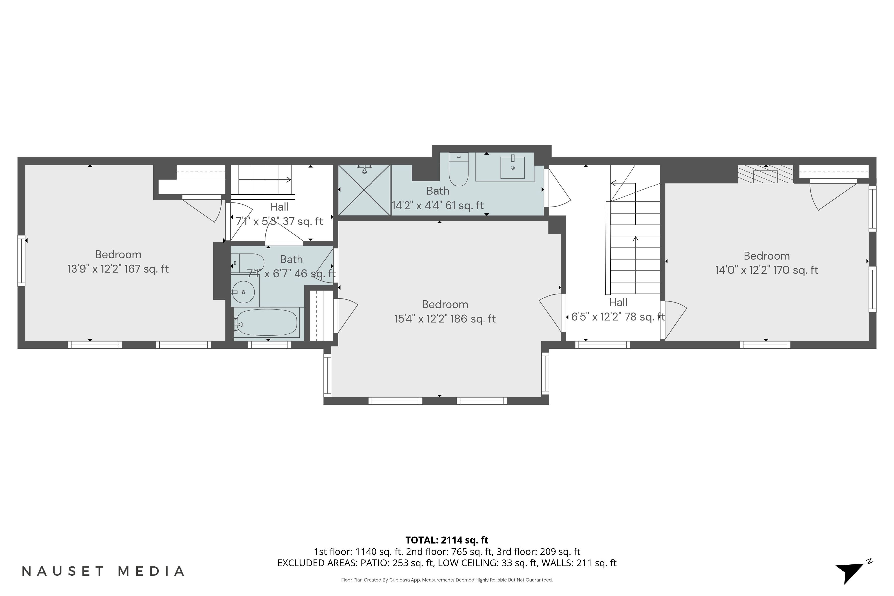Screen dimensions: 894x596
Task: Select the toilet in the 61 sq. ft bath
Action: click(459, 169)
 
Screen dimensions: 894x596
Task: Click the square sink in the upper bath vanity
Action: click(512, 167)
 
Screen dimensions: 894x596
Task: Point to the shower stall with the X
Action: click(364, 190)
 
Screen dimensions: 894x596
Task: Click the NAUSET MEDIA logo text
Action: click(103, 571)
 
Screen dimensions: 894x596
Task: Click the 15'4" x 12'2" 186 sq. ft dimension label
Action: click(445, 319)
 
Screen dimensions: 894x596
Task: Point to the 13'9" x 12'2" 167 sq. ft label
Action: click(118, 269)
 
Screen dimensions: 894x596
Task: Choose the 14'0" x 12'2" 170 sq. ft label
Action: click(766, 270)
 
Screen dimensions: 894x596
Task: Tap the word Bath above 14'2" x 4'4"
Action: click(438, 191)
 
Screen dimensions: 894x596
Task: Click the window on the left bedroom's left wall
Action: click(21, 261)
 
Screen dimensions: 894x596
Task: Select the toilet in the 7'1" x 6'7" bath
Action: click(247, 263)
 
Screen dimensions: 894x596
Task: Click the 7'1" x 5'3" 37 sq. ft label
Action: click(279, 221)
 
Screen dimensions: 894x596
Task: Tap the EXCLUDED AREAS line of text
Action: click(447, 563)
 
